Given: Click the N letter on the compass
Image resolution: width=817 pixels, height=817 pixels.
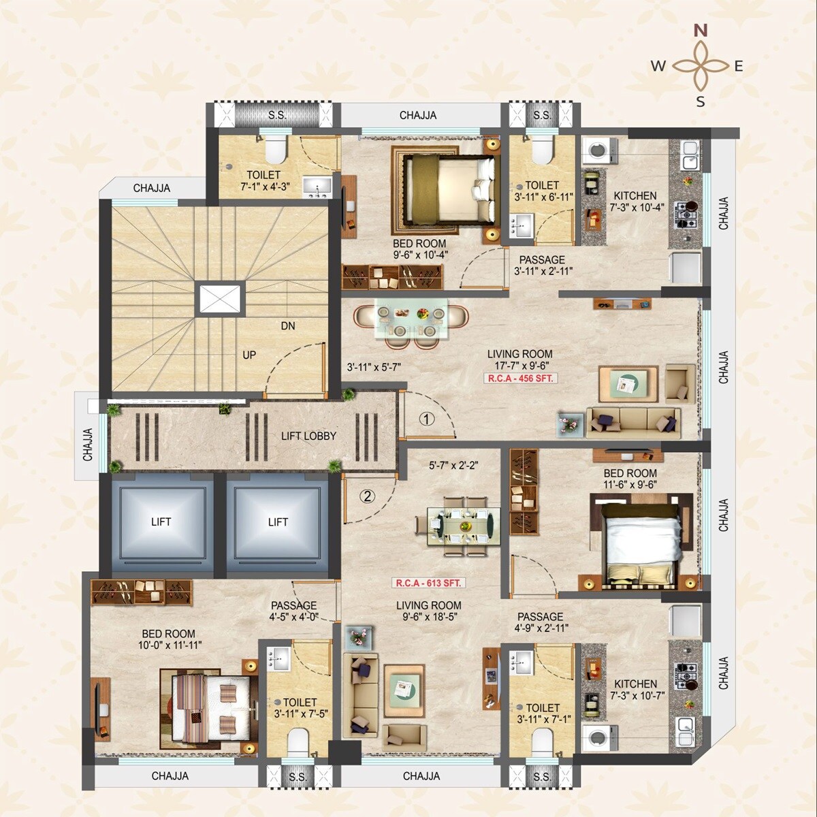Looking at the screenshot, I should (701, 31).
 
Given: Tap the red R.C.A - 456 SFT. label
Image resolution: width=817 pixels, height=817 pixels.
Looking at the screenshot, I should (521, 379).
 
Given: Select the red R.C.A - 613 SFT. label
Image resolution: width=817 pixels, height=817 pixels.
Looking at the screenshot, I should (429, 583).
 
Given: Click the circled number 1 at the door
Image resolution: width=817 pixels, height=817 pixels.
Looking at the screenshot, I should (426, 419).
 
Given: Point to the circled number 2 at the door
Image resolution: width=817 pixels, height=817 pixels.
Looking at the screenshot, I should (367, 496).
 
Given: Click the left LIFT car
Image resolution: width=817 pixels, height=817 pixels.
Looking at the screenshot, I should (161, 522).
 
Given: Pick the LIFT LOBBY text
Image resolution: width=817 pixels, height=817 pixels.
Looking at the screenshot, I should (308, 436).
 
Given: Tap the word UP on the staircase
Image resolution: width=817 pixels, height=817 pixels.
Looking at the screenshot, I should (249, 355).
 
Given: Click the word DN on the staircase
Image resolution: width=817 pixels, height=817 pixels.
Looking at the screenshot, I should (288, 326).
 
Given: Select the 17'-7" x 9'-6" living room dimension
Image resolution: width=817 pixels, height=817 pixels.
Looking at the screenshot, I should (519, 366).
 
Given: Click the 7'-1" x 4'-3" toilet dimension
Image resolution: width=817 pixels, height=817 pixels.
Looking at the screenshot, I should (263, 187).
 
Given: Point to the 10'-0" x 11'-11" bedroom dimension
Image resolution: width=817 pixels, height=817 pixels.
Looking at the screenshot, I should (170, 645).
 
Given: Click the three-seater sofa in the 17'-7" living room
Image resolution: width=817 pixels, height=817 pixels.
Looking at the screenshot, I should (633, 421).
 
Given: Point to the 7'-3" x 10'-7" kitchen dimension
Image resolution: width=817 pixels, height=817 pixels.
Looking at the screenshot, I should (636, 696).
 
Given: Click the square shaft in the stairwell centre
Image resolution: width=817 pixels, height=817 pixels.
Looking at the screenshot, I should (219, 300).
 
